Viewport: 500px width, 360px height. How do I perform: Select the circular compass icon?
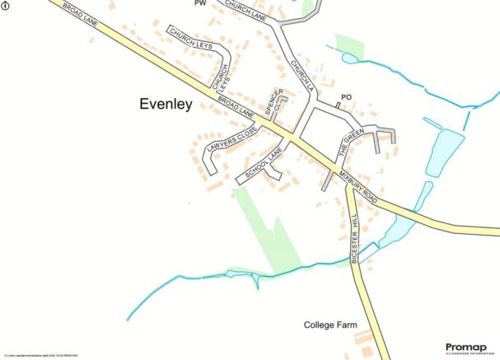tap(6, 5)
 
